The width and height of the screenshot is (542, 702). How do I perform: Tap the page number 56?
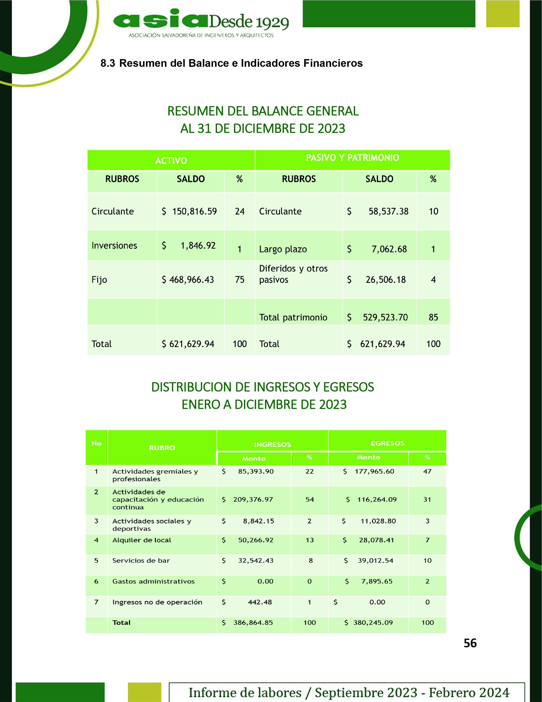tap(470, 643)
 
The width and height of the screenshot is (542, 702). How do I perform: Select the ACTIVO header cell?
tap(171, 160)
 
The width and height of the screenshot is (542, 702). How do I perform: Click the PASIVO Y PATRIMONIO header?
tap(352, 158)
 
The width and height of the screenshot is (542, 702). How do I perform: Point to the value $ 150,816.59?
tap(194, 211)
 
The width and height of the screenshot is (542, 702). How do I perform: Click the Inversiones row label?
tap(114, 246)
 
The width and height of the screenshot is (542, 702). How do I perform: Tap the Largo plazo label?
tap(283, 249)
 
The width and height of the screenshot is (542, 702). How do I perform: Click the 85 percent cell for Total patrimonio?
tap(433, 317)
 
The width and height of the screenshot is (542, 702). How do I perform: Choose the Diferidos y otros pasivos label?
tap(293, 274)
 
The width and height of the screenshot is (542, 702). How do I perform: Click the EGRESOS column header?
tap(387, 443)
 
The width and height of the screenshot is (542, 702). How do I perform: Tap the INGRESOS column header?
tap(272, 444)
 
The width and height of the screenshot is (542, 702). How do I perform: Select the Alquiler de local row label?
tap(142, 540)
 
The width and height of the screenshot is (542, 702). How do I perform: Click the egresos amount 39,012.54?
tap(375, 560)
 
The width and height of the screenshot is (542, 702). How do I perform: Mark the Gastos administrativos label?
tap(153, 581)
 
